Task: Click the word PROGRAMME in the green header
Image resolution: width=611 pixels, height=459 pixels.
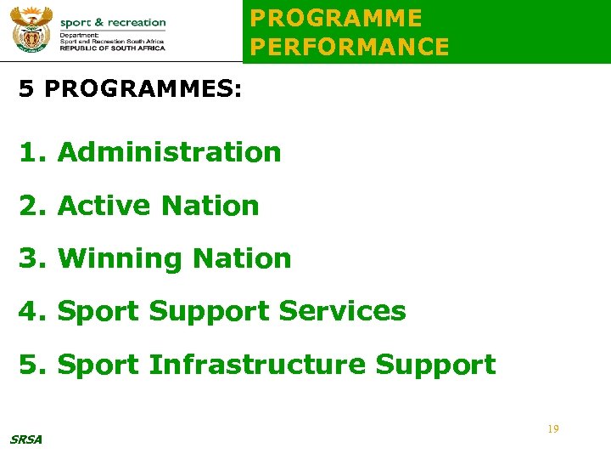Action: point(336,19)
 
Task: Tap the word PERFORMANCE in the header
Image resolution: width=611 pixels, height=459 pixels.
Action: point(350,48)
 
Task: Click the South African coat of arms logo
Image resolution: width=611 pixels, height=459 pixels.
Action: point(31,31)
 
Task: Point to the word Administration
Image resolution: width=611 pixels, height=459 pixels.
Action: point(169,153)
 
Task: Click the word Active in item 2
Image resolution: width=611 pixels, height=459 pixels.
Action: point(104,206)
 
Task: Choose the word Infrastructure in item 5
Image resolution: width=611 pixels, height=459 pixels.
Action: point(257,365)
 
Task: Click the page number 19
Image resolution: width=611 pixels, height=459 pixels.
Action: point(552,429)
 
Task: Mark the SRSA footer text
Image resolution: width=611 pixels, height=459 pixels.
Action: point(25,439)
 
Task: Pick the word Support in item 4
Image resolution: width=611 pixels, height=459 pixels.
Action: point(209,311)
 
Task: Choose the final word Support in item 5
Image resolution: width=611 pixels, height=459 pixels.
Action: point(435,365)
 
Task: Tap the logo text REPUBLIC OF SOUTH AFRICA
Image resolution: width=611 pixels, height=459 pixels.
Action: point(113,48)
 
